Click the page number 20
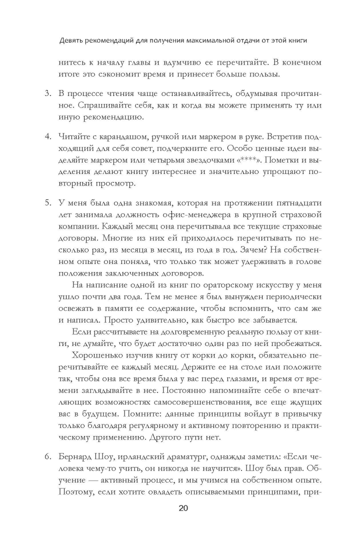(x=183, y=509)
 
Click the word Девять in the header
(x=72, y=40)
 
